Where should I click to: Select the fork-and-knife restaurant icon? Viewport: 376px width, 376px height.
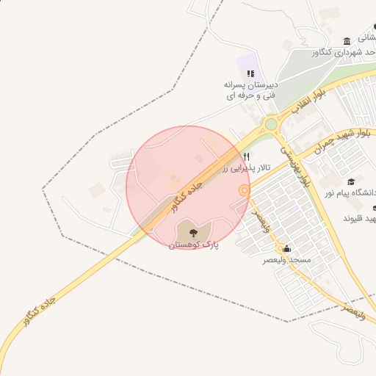point(246,156)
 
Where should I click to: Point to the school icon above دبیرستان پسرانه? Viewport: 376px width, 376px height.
point(250,73)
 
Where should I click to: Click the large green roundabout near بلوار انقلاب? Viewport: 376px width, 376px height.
point(273,124)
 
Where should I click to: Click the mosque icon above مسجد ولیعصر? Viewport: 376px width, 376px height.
point(286,248)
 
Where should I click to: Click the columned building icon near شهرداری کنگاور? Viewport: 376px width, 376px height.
point(347,40)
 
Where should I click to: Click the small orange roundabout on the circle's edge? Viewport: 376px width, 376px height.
point(244,191)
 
